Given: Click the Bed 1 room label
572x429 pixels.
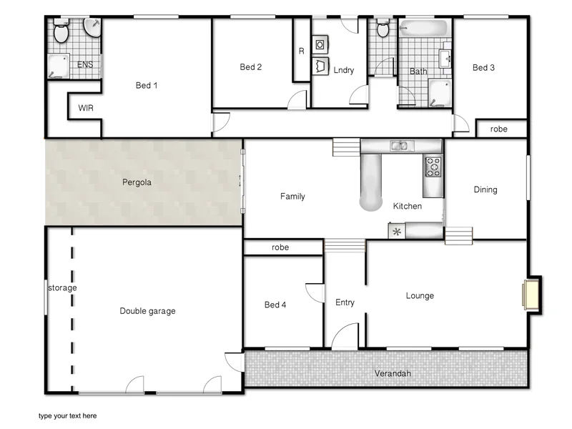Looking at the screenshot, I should click(147, 86).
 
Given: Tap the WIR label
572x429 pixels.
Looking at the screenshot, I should click(86, 109).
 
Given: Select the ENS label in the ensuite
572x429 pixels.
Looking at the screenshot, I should click(85, 65).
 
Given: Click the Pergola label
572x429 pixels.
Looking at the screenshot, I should click(137, 182).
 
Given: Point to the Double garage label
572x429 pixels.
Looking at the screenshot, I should click(147, 311).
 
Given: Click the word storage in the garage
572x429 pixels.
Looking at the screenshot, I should click(62, 288).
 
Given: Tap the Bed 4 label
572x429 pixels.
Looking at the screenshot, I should click(275, 305).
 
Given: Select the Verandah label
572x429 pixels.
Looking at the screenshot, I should click(393, 373).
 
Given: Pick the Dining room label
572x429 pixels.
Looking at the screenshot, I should click(485, 189).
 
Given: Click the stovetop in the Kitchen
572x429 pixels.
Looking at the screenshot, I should click(433, 167).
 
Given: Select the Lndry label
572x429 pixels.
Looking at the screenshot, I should click(344, 70).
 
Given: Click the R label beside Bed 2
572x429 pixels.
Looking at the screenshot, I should click(301, 51).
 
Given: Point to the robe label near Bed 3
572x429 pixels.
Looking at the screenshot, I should click(498, 129).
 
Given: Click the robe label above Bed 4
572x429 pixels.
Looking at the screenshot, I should click(280, 247).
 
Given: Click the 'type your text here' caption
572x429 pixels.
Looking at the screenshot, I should click(67, 415).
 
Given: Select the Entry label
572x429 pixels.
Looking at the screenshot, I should click(345, 302).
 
